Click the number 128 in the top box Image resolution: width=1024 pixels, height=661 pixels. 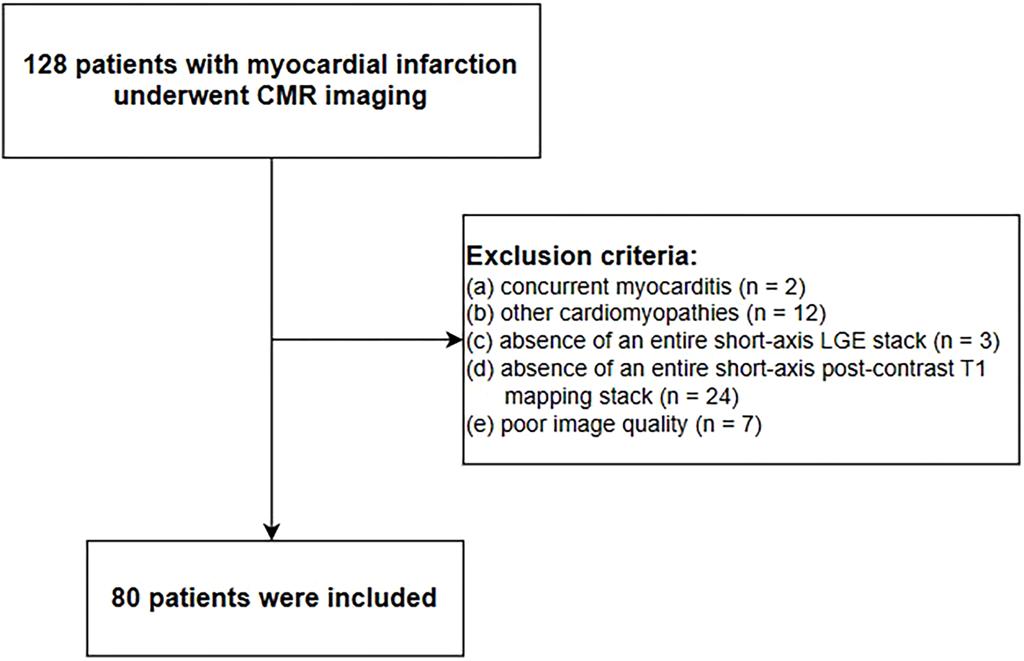coord(45,65)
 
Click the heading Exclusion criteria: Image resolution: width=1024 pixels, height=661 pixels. coord(581,256)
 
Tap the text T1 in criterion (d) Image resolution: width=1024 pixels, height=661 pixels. coord(972,369)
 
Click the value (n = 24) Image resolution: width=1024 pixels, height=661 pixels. coord(699,397)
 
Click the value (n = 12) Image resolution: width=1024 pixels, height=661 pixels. coord(786,313)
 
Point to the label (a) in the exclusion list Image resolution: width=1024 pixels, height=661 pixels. coord(480,287)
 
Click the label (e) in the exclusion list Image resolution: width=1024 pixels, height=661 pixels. coord(480,425)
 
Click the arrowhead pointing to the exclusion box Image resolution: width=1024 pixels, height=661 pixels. coord(455,340)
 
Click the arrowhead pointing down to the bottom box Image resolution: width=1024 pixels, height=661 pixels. coord(272,532)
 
